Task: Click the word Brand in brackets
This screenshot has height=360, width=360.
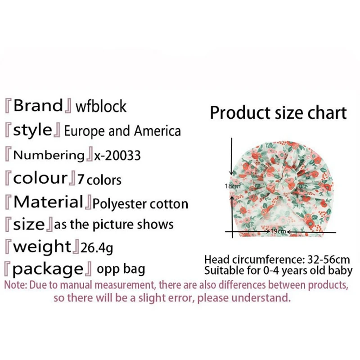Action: tap(39, 106)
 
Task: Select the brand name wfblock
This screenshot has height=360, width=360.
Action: tap(101, 107)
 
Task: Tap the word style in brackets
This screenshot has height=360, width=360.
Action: tap(33, 130)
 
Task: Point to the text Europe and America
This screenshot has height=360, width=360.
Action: tap(122, 131)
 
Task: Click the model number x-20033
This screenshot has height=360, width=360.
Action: tap(117, 155)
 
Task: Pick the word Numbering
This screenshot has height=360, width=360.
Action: tap(49, 155)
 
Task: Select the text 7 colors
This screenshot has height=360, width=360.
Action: tap(99, 180)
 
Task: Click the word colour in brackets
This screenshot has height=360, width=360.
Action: tap(40, 179)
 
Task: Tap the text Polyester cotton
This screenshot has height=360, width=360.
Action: tap(140, 204)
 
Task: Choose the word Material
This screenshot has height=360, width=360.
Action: tap(49, 202)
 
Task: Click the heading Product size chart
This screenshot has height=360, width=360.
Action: tap(279, 112)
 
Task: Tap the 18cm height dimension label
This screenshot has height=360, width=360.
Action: tap(233, 185)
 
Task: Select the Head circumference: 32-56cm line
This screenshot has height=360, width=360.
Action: tap(277, 260)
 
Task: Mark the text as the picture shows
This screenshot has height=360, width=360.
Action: tap(113, 224)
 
